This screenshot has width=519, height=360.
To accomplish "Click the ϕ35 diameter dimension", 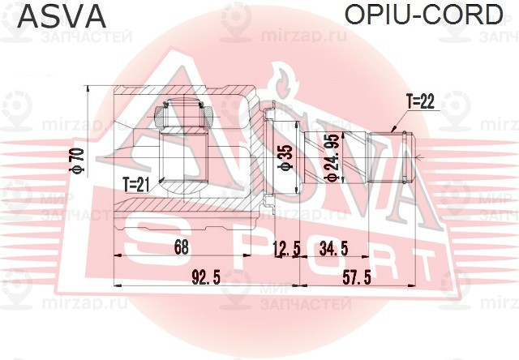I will point(284,157).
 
